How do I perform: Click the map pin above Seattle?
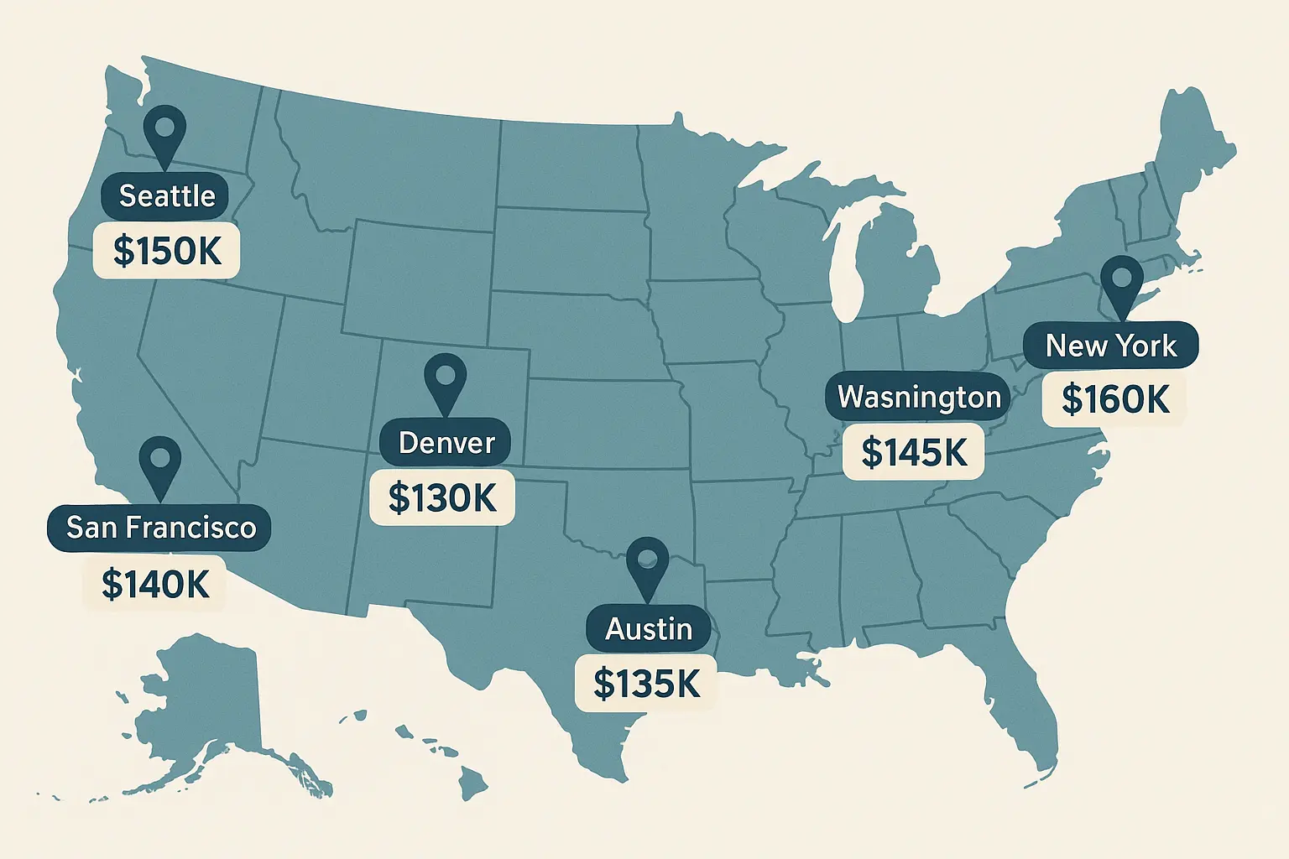point(164,130)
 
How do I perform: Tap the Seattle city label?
point(166,195)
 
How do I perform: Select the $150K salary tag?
point(167,250)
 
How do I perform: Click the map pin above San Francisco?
point(160,461)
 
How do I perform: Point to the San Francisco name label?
point(160,528)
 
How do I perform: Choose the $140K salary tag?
point(155,584)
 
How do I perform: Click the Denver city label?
point(446,443)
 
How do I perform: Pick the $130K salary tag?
point(442,498)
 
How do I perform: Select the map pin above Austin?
point(647,562)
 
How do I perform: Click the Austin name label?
point(649,628)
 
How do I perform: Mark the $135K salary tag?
point(646,684)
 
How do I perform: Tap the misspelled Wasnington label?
point(919,397)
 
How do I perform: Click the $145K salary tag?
point(914,452)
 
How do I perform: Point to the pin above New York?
point(1121,281)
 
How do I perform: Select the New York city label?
point(1110,346)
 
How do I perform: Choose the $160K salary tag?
point(1114,399)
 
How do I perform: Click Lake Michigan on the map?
point(850,268)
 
